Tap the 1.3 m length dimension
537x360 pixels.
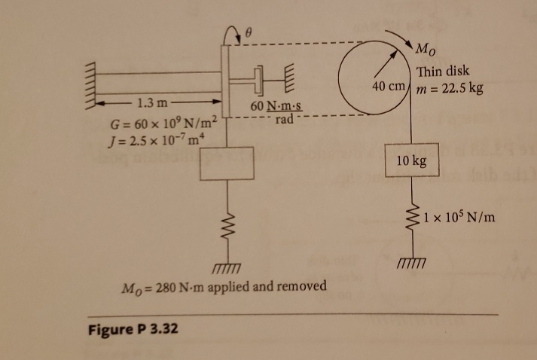[148, 104]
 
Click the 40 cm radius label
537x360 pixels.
[389, 87]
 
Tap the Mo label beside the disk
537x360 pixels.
[425, 53]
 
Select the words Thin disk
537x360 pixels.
[443, 72]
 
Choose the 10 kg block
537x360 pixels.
[410, 160]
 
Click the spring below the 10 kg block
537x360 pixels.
[410, 215]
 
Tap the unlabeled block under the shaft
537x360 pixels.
[226, 164]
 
